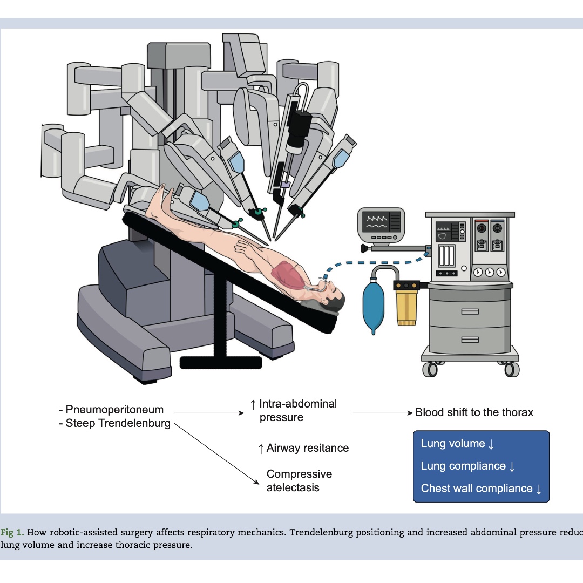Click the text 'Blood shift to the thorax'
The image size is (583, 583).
pyautogui.click(x=474, y=412)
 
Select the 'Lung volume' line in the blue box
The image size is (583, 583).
pyautogui.click(x=457, y=444)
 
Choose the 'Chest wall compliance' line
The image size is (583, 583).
pyautogui.click(x=481, y=489)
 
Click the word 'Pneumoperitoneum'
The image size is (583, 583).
pyautogui.click(x=114, y=409)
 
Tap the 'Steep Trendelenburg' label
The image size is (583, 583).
pyautogui.click(x=118, y=423)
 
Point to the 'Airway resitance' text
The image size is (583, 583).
pyautogui.click(x=303, y=448)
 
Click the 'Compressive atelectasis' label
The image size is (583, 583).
pyautogui.click(x=299, y=481)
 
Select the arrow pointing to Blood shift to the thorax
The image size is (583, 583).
pyautogui.click(x=383, y=413)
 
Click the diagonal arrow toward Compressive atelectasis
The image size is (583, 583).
pyautogui.click(x=216, y=453)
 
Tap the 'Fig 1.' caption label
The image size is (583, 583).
pyautogui.click(x=12, y=532)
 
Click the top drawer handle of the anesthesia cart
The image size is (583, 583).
pyautogui.click(x=470, y=311)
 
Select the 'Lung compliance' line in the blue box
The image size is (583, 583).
pyautogui.click(x=467, y=466)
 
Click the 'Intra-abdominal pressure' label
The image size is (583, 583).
pyautogui.click(x=294, y=410)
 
